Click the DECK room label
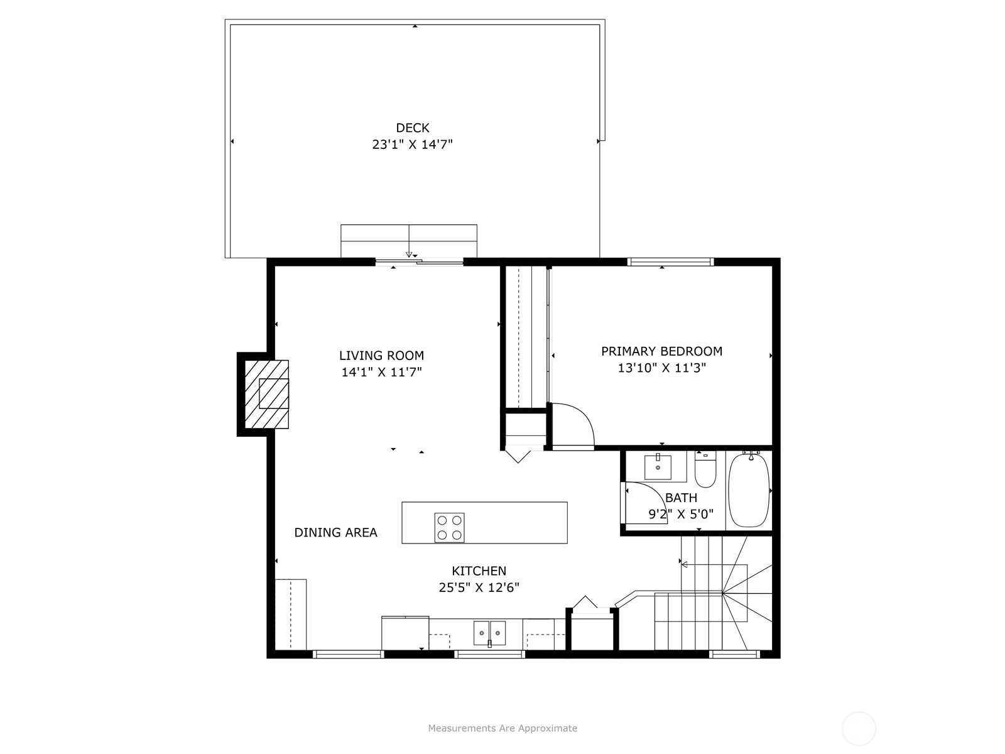click(413, 128)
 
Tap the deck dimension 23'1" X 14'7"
click(412, 145)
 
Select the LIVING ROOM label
click(381, 355)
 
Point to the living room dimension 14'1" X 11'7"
click(381, 372)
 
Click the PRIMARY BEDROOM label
click(661, 351)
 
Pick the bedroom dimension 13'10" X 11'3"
click(661, 368)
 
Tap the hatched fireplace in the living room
click(267, 394)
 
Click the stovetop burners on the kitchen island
click(449, 527)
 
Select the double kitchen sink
click(489, 633)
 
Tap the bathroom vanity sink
click(658, 466)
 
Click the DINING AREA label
click(335, 532)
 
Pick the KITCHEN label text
click(479, 571)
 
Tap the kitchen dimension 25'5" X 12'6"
click(479, 587)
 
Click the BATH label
click(682, 498)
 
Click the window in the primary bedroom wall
click(670, 262)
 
